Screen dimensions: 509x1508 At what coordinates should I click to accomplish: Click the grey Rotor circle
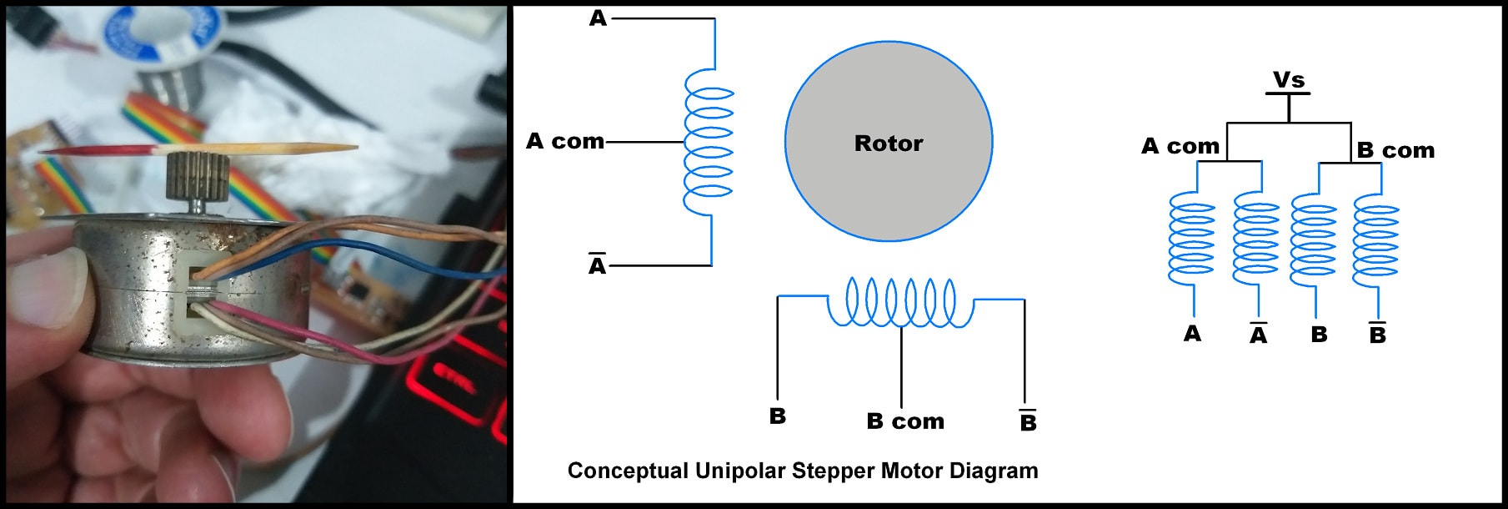pos(889,142)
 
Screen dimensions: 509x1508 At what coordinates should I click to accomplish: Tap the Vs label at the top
pos(1288,80)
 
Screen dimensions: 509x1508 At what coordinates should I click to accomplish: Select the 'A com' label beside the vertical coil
pos(565,141)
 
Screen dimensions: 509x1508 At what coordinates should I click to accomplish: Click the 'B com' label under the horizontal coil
pos(905,421)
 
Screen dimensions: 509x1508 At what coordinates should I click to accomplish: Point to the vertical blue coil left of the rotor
pos(709,142)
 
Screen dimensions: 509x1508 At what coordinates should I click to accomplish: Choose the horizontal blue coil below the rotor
pos(900,302)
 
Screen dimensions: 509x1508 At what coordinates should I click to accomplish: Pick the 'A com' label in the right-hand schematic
pos(1180,146)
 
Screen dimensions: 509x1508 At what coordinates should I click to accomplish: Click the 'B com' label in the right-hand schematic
pos(1395,150)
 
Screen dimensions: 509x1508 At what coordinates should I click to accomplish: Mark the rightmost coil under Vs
pos(1376,242)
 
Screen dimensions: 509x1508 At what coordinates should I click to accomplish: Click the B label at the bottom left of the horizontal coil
pos(777,416)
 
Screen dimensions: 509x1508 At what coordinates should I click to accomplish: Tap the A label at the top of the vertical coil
pos(598,18)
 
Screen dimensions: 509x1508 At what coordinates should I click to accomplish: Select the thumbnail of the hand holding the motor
pos(50,275)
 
